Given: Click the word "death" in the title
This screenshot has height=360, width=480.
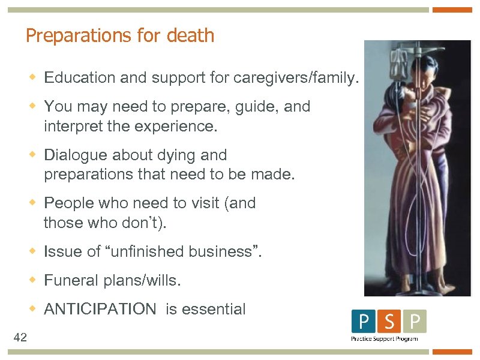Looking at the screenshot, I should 190,35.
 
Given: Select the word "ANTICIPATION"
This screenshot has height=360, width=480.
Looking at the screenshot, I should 100,310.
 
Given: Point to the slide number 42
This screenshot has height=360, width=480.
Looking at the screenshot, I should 20,337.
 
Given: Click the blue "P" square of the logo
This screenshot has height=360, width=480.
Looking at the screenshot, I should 364,322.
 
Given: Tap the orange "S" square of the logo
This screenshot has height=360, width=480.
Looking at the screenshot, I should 389,322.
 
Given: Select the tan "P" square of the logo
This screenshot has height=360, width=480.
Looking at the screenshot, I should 414,322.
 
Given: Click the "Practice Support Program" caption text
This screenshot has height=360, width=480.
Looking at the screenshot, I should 384,338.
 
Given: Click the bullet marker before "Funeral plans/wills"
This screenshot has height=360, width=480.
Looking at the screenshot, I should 34,280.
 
